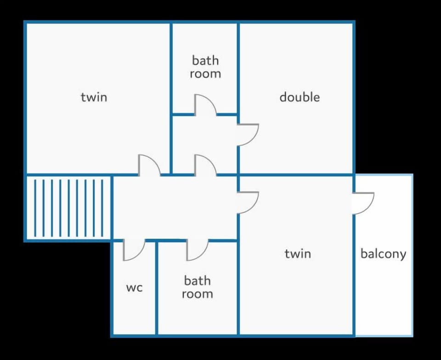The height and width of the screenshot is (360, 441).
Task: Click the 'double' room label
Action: tap(300, 97)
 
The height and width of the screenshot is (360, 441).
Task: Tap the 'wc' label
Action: tap(135, 288)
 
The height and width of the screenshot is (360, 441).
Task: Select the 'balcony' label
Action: tap(383, 254)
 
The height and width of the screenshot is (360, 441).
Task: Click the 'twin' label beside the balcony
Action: tap(298, 254)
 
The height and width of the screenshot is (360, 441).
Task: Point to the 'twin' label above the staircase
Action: tap(94, 97)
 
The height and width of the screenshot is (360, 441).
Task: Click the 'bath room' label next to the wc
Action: tap(197, 287)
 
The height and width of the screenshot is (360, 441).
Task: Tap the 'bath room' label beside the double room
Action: tap(205, 67)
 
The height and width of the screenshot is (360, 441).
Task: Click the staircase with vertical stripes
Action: tap(68, 208)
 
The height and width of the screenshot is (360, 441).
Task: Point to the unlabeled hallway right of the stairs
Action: tap(175, 208)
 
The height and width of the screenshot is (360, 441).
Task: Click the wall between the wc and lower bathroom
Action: tap(156, 288)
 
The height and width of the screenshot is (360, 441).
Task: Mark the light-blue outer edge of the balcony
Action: tap(412, 255)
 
